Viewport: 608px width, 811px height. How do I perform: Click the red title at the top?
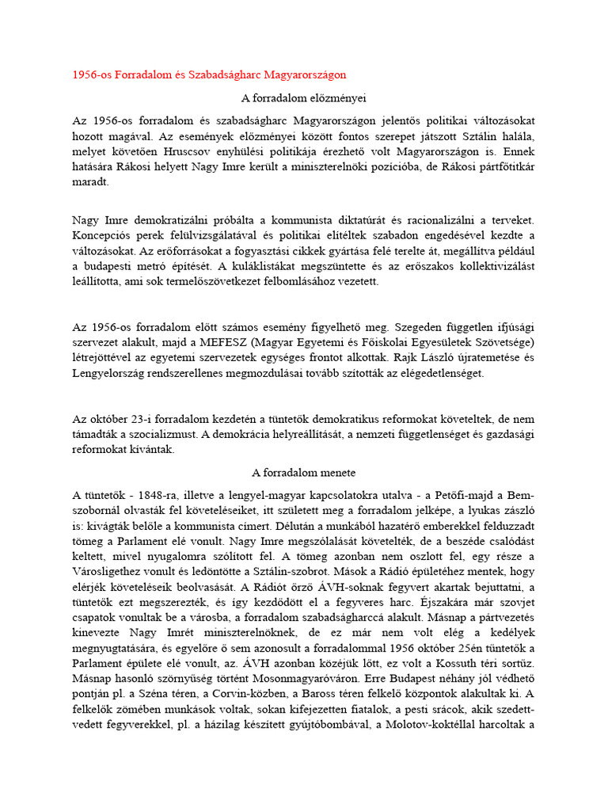[x=209, y=74]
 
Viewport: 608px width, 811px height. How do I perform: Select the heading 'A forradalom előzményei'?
[x=303, y=98]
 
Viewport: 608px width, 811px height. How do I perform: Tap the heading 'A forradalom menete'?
[x=303, y=473]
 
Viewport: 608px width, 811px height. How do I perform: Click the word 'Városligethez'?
[x=111, y=571]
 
